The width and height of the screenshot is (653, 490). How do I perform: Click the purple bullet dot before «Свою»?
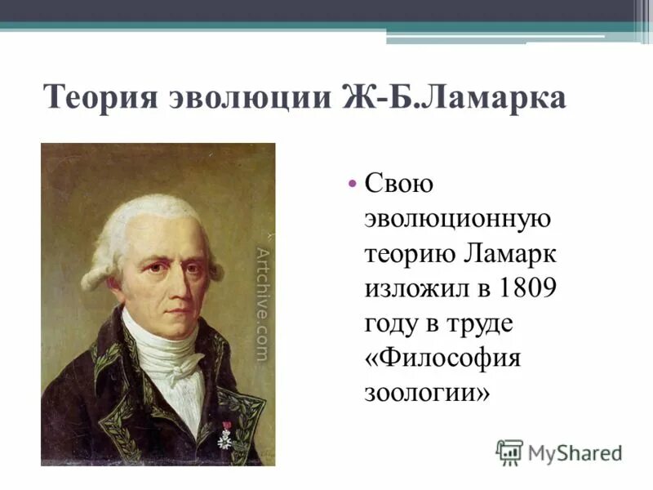[x=352, y=185]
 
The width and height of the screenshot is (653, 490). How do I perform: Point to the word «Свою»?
[x=398, y=185]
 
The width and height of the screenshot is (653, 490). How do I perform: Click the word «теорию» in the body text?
[x=410, y=255]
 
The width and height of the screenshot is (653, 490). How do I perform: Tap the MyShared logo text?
[x=574, y=452]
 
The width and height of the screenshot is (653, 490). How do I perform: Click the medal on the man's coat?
[x=224, y=437]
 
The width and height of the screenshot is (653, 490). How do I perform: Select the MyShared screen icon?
[x=509, y=452]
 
